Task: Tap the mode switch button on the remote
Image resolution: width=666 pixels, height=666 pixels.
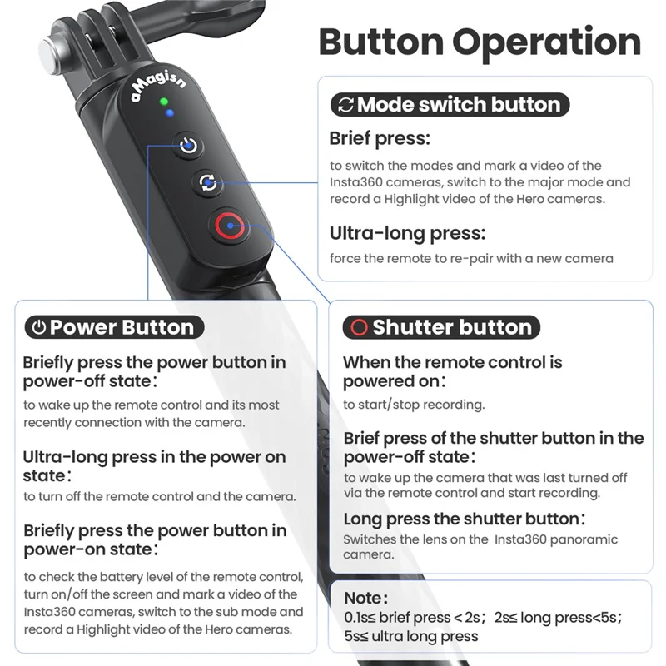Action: (x=207, y=182)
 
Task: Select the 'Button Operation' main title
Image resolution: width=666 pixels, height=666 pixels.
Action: (x=480, y=41)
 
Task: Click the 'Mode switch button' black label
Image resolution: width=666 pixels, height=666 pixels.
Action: (x=450, y=105)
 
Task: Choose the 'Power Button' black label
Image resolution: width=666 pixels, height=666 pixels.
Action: (x=112, y=327)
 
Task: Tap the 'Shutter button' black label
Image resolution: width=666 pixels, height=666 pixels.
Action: (x=441, y=327)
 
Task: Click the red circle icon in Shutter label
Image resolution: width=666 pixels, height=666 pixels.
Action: (x=359, y=327)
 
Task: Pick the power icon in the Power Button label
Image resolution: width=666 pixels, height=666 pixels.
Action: (x=38, y=327)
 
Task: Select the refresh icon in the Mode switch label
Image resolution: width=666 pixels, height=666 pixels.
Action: (x=344, y=105)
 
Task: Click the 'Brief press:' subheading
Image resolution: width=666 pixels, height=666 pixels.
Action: (x=380, y=138)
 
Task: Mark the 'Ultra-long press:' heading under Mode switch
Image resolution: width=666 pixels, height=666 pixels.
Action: (x=407, y=232)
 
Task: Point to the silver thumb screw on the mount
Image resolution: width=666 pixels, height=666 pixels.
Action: (x=54, y=54)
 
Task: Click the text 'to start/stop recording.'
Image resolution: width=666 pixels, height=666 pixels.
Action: (x=414, y=405)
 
